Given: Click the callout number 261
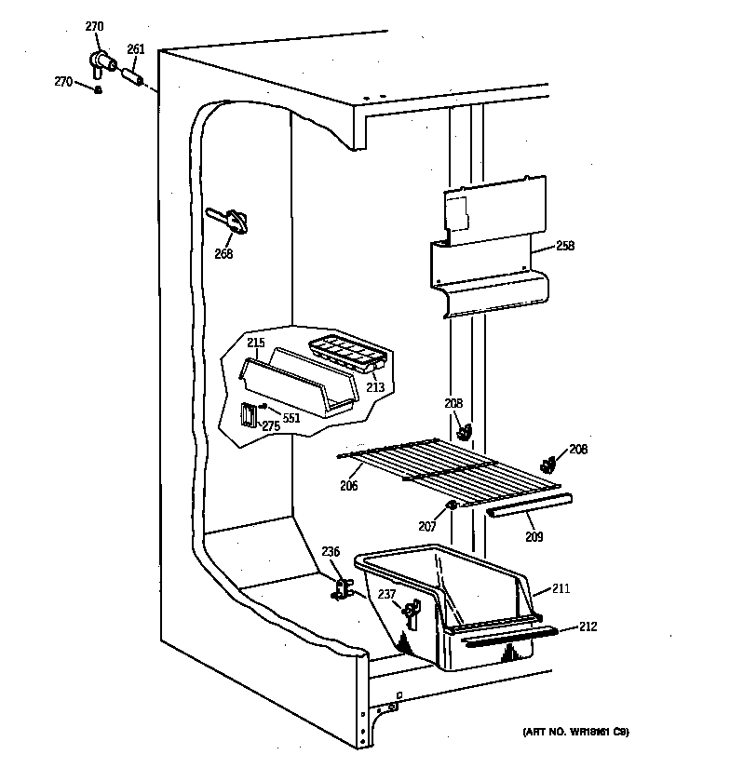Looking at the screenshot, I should tap(135, 49).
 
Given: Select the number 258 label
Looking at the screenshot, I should tap(564, 247).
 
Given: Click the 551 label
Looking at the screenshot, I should tap(292, 418).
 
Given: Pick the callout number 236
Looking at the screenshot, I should tap(331, 551).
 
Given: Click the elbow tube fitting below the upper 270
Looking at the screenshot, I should tap(100, 63).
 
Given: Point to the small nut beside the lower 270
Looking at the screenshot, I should tap(98, 88).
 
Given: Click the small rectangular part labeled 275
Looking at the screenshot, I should tap(249, 414).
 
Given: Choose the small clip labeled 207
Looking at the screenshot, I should tap(452, 505).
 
